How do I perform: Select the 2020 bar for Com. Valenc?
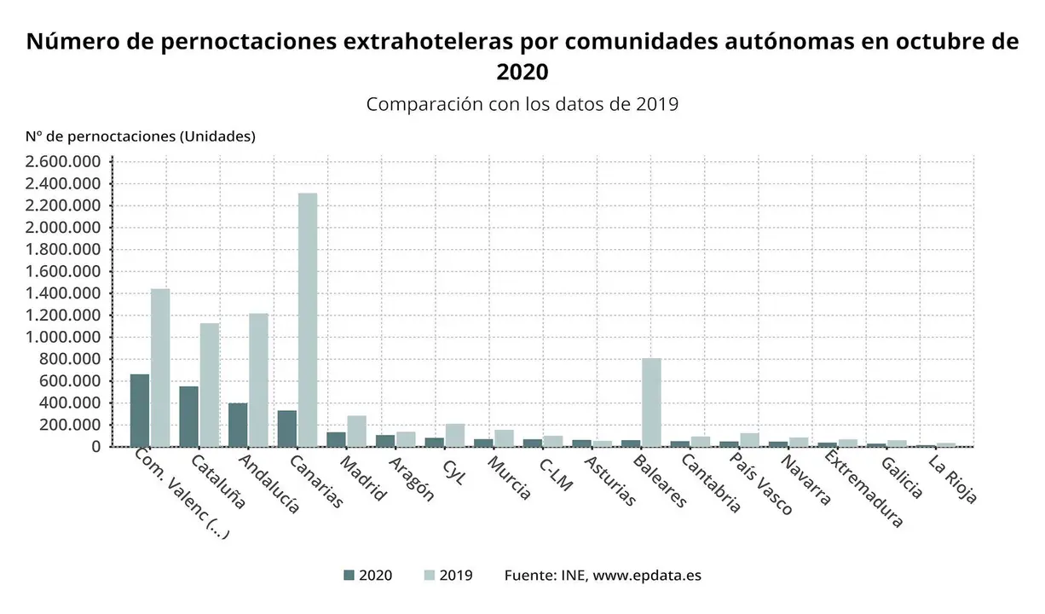tap(140, 410)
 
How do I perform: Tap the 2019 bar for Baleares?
tap(651, 402)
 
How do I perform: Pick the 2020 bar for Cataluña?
tap(188, 416)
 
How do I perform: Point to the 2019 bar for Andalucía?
tap(258, 379)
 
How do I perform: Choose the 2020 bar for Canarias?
tap(287, 428)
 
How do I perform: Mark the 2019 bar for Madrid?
tap(356, 431)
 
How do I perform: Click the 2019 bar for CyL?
tap(455, 435)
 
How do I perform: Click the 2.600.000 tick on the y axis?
tap(63, 162)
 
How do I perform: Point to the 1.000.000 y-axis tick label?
tap(63, 338)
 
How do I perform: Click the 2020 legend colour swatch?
tap(349, 575)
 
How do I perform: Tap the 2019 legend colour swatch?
tap(430, 575)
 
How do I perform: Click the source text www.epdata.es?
tap(647, 575)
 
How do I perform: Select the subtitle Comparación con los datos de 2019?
tap(522, 105)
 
